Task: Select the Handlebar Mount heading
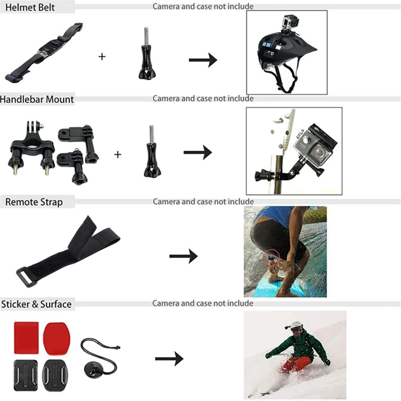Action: [37, 99]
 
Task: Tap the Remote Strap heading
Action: [34, 202]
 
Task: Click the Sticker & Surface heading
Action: [36, 304]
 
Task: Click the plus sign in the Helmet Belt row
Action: [102, 57]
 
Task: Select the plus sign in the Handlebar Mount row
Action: [118, 154]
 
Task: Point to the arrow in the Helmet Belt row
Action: [203, 60]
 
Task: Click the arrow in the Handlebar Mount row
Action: [197, 153]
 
